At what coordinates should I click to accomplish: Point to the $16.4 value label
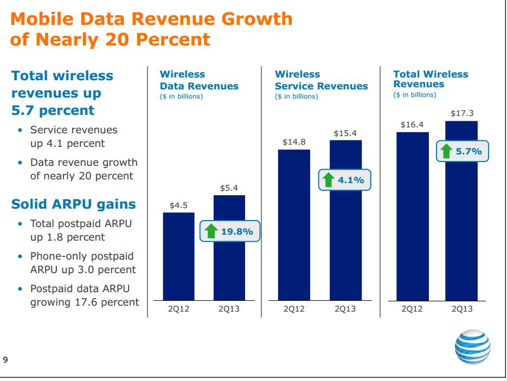tap(412, 125)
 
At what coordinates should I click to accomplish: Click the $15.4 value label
tap(345, 133)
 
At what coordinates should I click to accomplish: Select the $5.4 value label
tap(229, 188)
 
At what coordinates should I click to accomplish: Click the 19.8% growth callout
tap(230, 232)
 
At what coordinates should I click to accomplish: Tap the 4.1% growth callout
tap(344, 180)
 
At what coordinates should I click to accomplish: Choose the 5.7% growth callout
tap(462, 151)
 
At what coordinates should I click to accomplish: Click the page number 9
tap(5, 359)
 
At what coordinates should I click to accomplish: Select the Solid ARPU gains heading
tap(73, 204)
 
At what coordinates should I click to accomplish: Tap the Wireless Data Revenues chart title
tap(198, 80)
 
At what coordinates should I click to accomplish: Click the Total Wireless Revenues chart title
tap(431, 79)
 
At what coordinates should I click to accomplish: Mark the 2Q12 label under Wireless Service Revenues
tap(294, 309)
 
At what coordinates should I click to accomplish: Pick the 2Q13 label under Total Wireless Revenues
tap(461, 309)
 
